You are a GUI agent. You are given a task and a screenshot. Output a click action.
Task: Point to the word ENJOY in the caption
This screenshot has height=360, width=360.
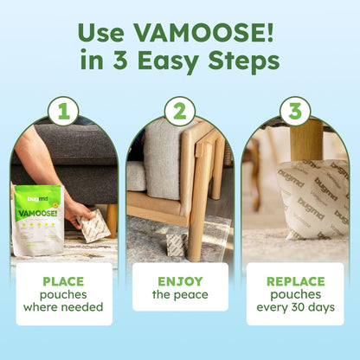[180, 281]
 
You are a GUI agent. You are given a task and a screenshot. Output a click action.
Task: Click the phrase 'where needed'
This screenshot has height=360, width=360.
[64, 307]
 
